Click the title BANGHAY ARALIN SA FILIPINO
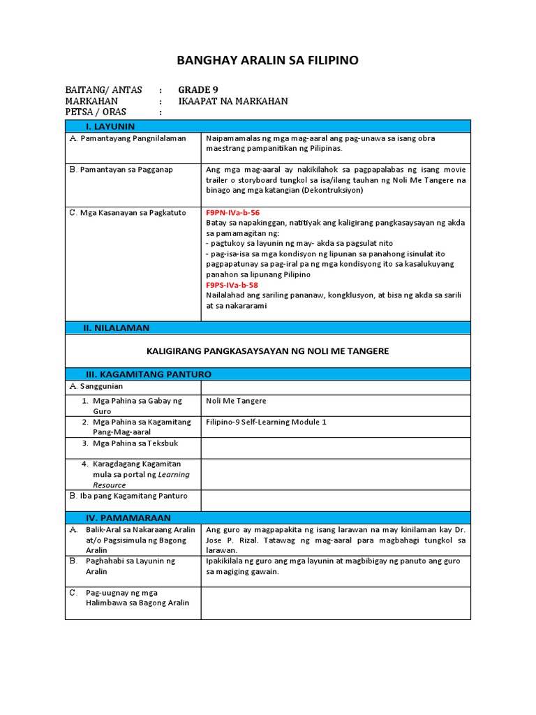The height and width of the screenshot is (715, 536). (x=268, y=61)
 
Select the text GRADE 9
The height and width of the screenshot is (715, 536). (x=193, y=89)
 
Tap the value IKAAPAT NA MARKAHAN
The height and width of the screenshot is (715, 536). (x=233, y=101)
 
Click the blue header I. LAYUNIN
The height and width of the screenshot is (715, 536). (x=110, y=126)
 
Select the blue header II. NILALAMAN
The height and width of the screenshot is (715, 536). (x=117, y=327)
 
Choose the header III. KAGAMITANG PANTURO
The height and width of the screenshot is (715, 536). (x=148, y=374)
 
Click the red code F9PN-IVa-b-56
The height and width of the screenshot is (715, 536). (x=232, y=212)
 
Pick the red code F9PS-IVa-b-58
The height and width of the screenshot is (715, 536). (x=232, y=285)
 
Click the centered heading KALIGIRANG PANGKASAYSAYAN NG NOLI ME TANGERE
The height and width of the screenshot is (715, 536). (x=267, y=351)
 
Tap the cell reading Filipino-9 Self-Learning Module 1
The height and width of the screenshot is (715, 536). (x=266, y=422)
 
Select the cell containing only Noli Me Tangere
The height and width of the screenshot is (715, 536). (x=236, y=401)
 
